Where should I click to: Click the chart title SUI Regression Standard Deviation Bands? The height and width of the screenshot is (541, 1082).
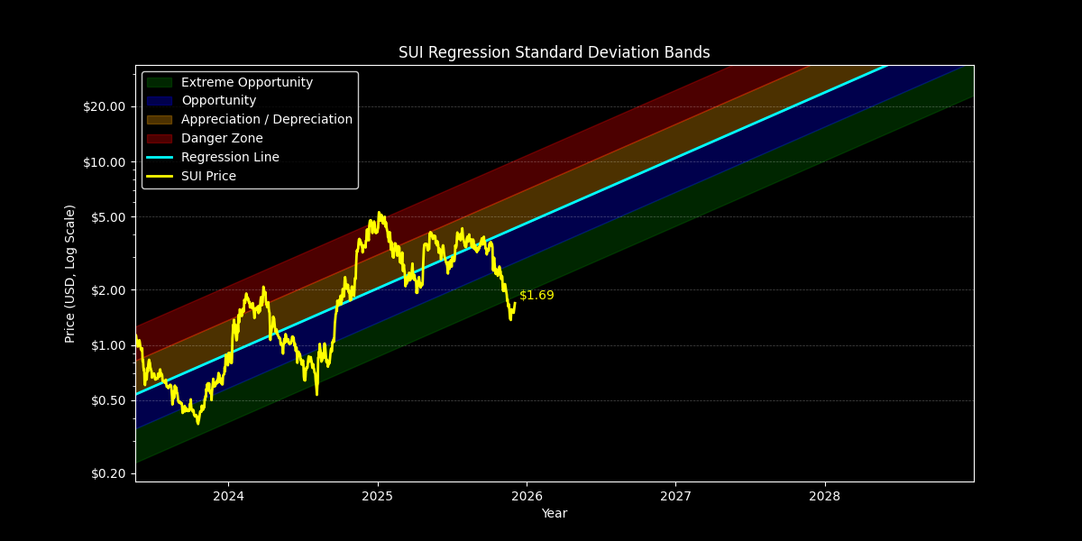554,52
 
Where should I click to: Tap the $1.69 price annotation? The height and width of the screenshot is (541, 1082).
536,296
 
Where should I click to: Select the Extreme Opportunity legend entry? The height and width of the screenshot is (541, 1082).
246,82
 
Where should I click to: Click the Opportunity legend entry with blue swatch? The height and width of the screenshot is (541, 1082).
218,101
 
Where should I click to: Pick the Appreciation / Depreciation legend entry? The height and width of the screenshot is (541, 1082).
266,120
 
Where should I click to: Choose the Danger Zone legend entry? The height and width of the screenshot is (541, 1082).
222,139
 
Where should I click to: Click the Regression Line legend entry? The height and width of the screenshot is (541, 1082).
230,158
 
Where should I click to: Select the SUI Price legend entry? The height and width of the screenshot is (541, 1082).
208,177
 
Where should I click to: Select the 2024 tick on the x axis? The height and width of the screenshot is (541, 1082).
228,496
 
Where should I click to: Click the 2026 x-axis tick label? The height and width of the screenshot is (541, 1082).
527,496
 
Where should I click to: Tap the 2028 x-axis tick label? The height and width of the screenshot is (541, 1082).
824,496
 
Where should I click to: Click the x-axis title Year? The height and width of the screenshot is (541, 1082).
554,514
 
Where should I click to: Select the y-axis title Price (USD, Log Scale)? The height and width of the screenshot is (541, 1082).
70,273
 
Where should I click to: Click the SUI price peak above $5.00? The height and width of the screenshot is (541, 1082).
379,213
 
